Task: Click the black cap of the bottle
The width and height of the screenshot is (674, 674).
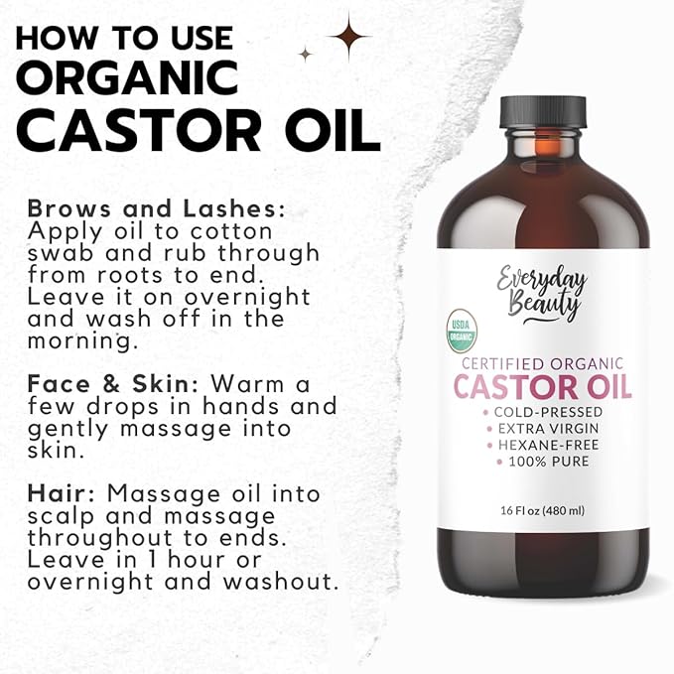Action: point(543,112)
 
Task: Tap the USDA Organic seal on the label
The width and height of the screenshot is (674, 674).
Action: point(462,331)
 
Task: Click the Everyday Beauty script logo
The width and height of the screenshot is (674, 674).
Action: point(542,294)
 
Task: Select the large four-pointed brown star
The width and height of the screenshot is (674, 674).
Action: point(349,37)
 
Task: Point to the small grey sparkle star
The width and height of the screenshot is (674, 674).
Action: point(306,54)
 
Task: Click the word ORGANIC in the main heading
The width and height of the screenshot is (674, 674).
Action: point(127,77)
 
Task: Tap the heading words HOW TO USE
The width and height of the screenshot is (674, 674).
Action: point(124,39)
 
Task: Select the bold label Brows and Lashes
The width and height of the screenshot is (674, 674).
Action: point(156,208)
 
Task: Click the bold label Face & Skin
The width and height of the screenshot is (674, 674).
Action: point(113,383)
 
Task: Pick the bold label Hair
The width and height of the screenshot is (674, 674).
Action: point(61,493)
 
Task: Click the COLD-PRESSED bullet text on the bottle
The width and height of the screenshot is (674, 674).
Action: point(548,412)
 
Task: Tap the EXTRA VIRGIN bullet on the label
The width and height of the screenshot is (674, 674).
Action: point(548,429)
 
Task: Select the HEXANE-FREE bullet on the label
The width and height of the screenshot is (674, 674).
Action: point(548,445)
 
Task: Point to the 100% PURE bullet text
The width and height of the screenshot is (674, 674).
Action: point(549,462)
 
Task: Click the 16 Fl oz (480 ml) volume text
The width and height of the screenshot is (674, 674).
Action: point(542,510)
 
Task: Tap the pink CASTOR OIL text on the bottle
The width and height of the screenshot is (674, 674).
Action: point(542,386)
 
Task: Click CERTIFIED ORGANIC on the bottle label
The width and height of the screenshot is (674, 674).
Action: point(542,363)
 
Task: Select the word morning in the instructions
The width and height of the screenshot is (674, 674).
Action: point(83,341)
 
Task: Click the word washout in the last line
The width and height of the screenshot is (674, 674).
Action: point(279,581)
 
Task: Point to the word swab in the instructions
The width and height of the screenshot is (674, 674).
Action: point(61,252)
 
